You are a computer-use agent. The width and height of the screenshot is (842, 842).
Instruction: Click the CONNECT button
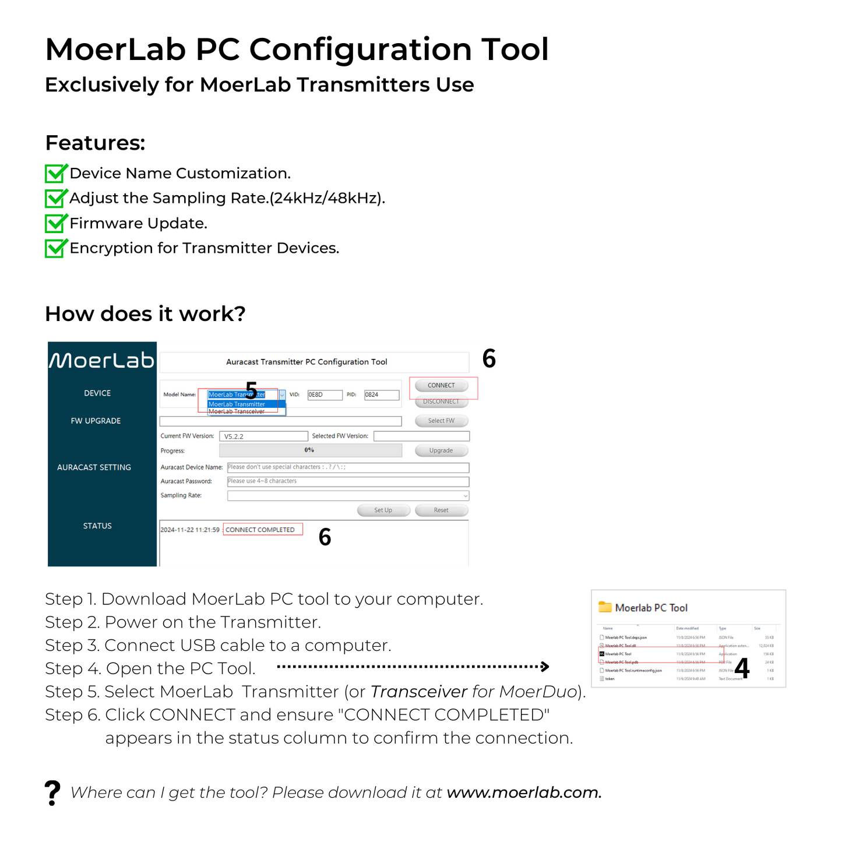coord(441,386)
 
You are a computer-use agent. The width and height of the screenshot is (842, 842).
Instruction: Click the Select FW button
coord(441,421)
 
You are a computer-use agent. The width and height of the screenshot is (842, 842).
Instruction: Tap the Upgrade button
coord(441,450)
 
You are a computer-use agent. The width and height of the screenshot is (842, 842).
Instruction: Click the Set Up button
coord(383,510)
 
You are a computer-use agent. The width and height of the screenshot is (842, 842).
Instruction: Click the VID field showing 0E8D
coord(325,395)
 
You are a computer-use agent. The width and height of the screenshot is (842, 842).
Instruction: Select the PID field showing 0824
coord(382,395)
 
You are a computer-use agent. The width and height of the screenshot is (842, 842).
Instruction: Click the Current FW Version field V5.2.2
coord(263,436)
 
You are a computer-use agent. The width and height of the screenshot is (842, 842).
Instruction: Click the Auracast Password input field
coord(348,481)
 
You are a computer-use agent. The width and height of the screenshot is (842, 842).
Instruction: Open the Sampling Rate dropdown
coord(348,496)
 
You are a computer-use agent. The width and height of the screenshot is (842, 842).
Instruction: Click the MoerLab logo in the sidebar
coord(102,361)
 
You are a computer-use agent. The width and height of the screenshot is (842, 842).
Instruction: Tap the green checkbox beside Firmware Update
coord(56,223)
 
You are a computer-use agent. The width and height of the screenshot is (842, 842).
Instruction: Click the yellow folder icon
coord(605,607)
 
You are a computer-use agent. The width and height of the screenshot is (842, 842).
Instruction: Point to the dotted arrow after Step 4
coord(413,667)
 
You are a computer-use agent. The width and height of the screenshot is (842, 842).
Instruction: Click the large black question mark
coord(52,793)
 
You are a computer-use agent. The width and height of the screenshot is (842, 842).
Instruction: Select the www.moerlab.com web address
coord(523,792)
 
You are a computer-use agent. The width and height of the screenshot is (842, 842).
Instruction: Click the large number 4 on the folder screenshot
coord(742,668)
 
